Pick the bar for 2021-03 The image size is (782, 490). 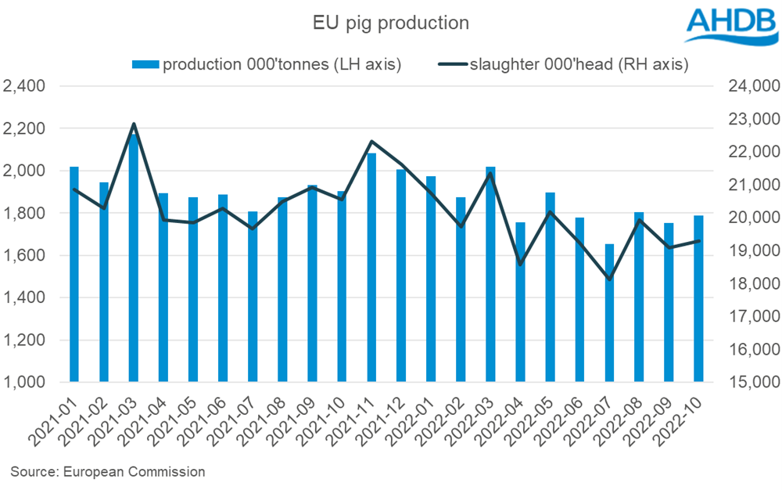[134, 258]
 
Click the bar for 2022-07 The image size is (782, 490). [609, 313]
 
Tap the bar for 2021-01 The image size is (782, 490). [74, 274]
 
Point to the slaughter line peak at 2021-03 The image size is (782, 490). [134, 124]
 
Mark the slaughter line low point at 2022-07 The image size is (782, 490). [609, 279]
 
